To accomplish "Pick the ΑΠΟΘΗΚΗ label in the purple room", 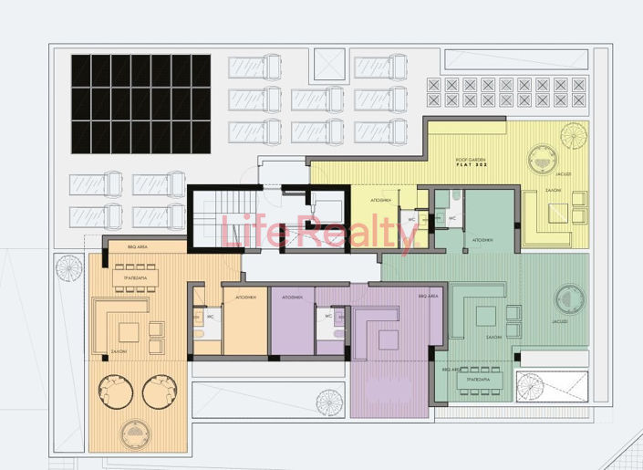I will [293, 298].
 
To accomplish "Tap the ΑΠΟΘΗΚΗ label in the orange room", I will [245, 298].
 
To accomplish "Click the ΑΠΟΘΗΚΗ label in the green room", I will [483, 240].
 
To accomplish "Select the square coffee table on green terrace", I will [485, 315].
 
